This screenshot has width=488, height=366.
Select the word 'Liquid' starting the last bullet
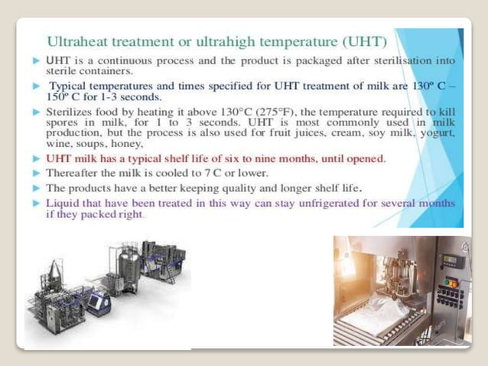coord(63,204)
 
